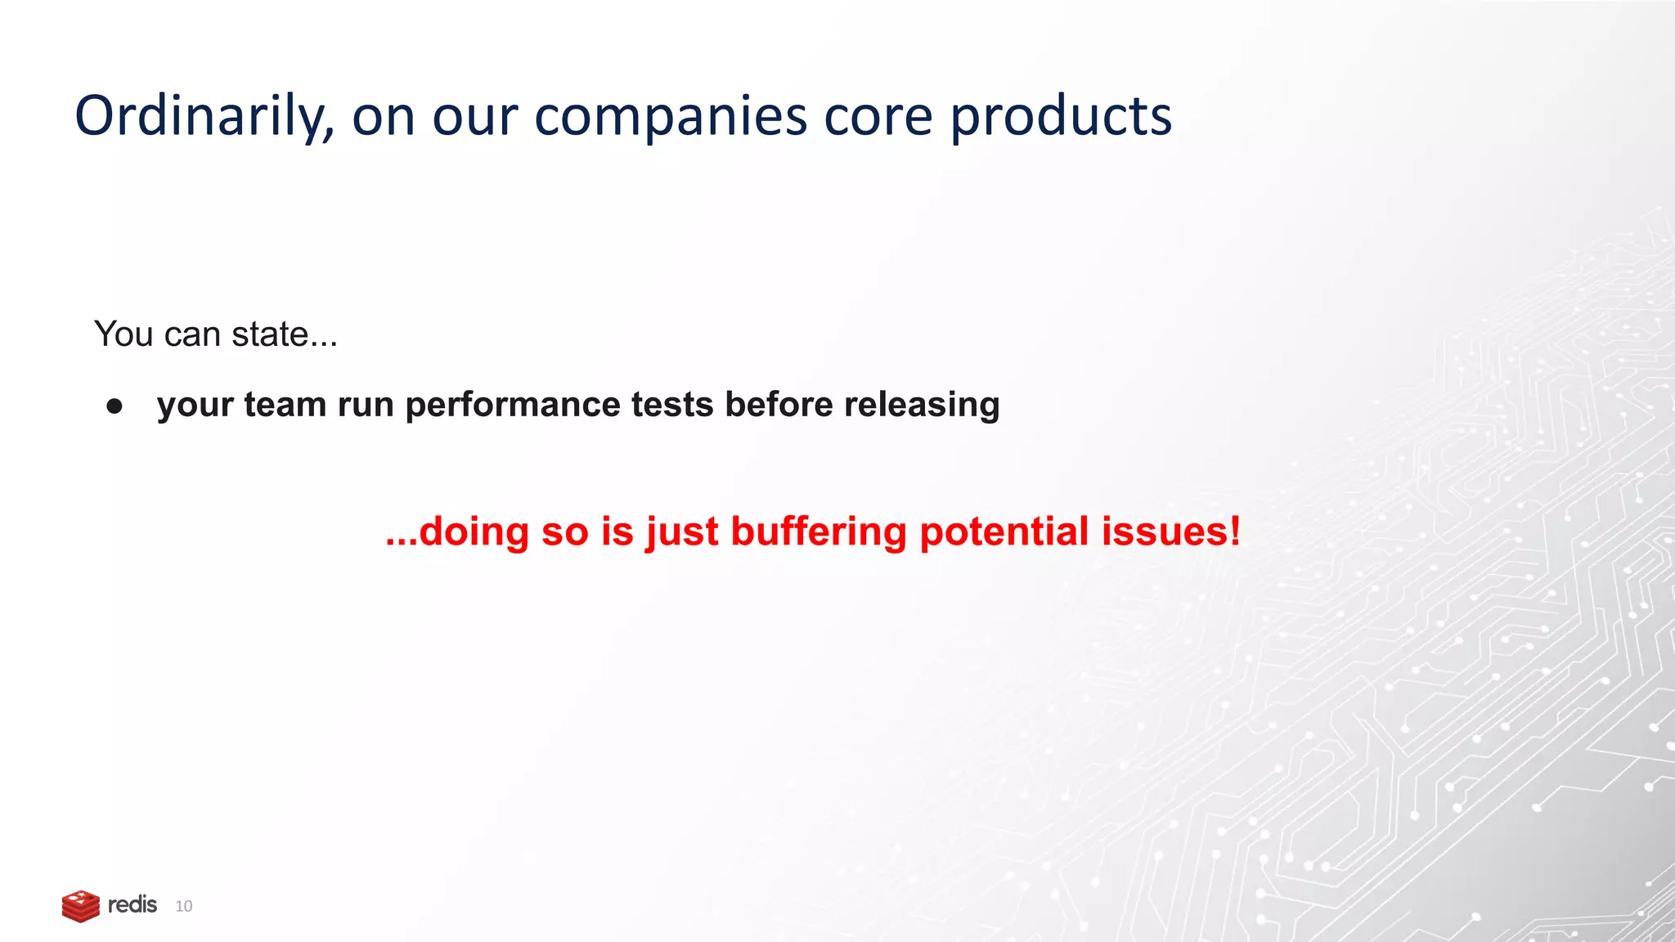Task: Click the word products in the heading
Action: pos(1061,117)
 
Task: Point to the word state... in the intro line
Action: pos(284,334)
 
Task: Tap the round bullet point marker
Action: pos(115,406)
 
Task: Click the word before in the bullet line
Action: pos(779,406)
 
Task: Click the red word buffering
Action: pos(819,532)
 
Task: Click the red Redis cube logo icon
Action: pos(80,906)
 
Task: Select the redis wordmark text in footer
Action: pos(132,905)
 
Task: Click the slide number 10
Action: pos(184,906)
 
